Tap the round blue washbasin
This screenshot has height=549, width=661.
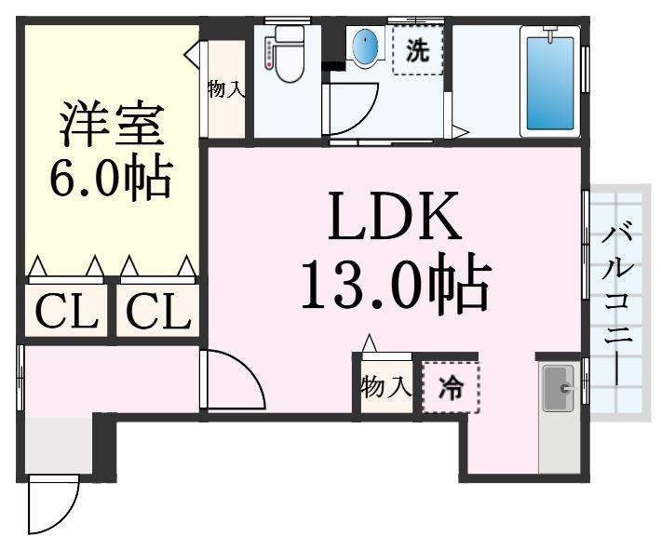364,44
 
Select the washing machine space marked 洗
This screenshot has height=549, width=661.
417,50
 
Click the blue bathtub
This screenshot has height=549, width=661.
549,82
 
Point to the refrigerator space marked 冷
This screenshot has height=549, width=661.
451,387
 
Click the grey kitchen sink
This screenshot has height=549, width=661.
559,388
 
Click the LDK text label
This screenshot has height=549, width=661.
393,216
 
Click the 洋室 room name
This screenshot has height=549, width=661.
112,123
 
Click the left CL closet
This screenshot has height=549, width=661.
66,311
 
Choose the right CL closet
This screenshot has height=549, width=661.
157,311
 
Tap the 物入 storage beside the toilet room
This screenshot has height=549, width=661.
227,89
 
